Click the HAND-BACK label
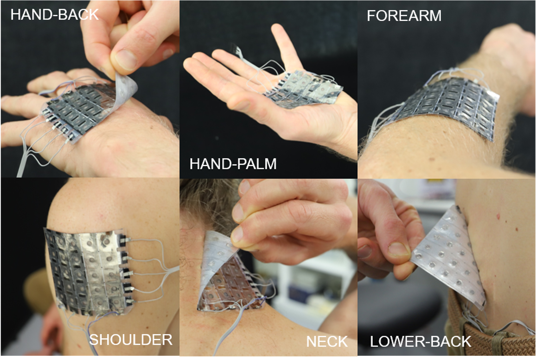pos(54,15)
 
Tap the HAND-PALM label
pos(233,164)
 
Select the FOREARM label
pos(404,16)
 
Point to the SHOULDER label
pos(131,340)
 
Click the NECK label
pos(327,341)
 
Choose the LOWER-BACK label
pos(421,341)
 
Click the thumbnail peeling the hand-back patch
pos(125,59)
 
